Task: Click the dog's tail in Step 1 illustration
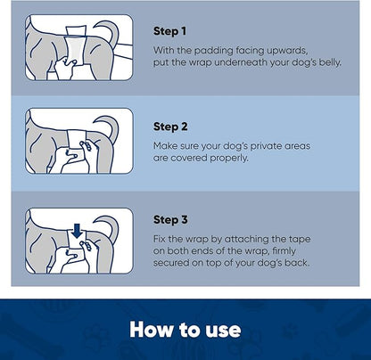(117, 30)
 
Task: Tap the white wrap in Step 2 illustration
(78, 143)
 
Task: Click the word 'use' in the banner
(219, 329)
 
